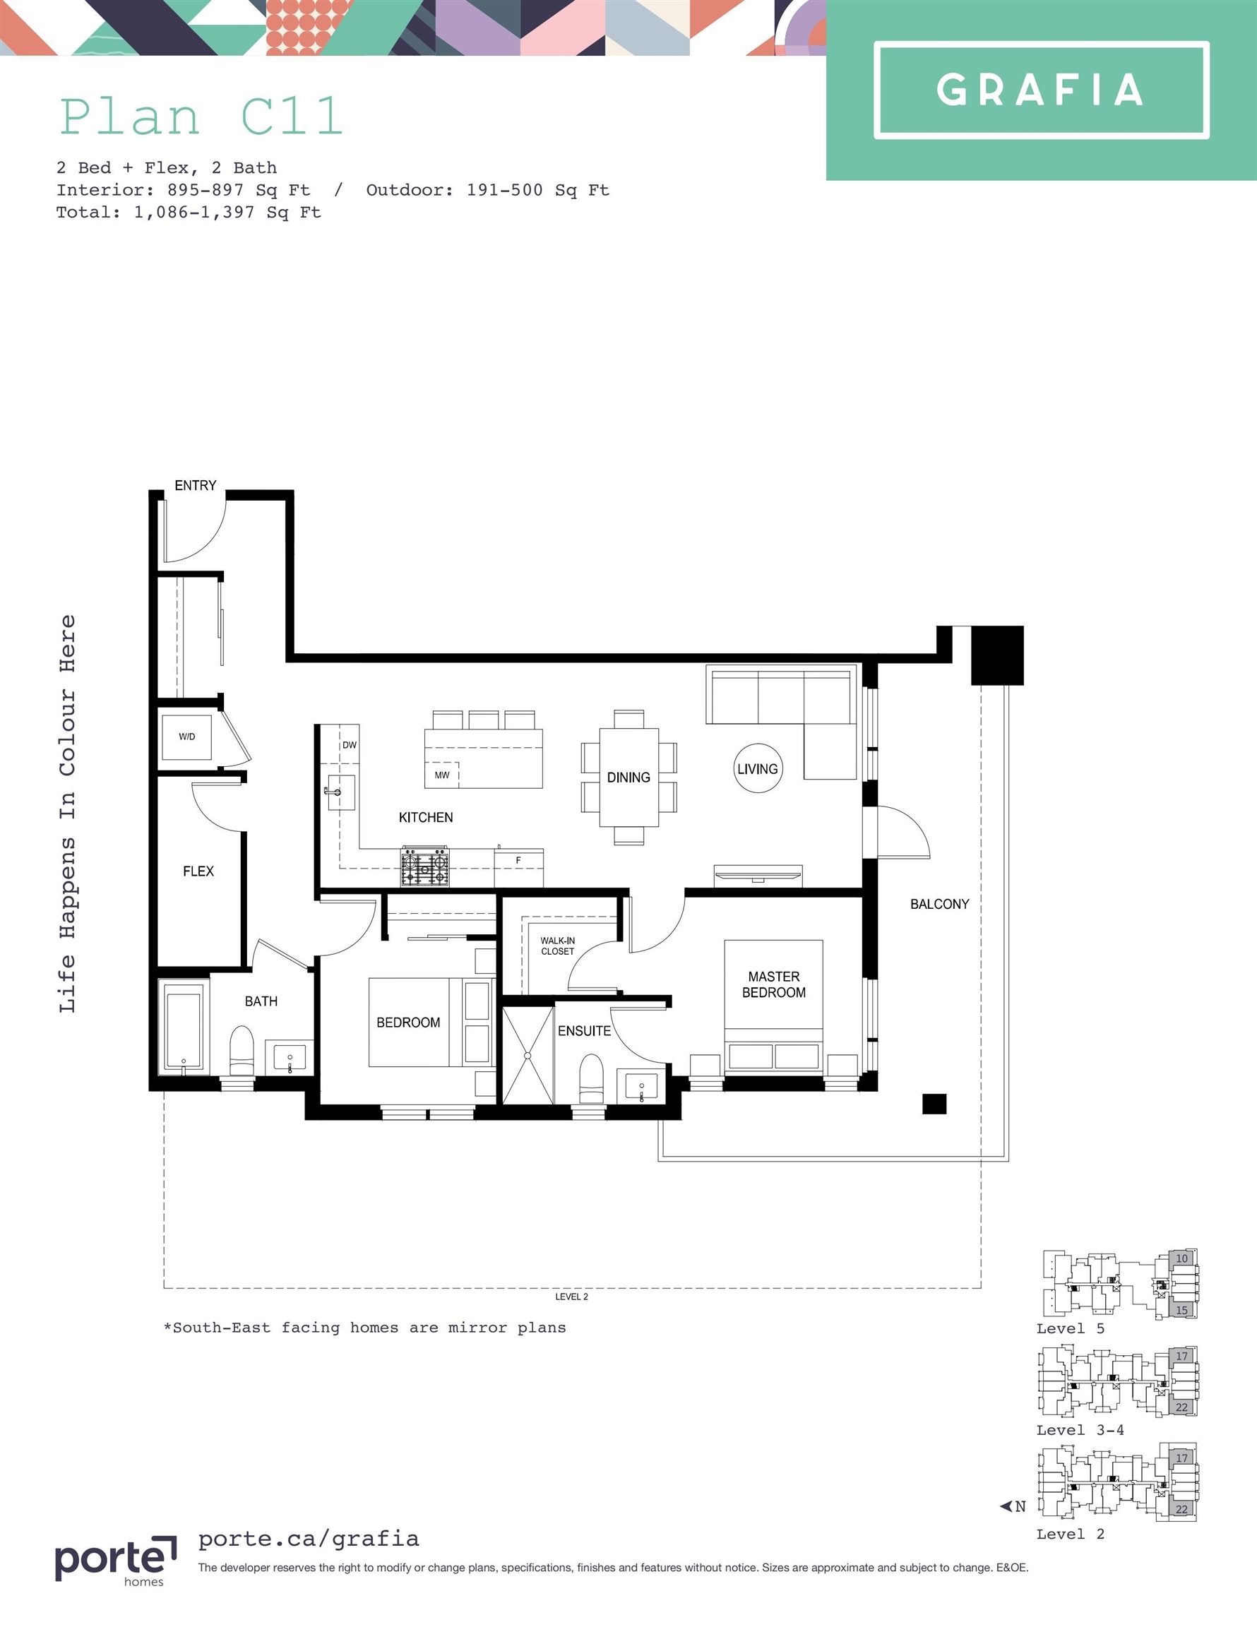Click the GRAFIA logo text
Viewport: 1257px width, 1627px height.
(x=1039, y=90)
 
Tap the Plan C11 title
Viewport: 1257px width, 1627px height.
(x=201, y=117)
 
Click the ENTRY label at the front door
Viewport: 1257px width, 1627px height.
(x=195, y=486)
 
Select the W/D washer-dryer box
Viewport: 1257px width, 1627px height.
(x=187, y=737)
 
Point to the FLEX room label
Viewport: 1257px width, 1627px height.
(x=198, y=871)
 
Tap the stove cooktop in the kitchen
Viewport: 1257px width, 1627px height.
(x=425, y=866)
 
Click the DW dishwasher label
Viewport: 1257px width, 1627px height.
(x=350, y=745)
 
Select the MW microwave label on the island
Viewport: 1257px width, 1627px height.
(x=442, y=775)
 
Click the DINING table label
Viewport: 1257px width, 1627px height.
(x=628, y=777)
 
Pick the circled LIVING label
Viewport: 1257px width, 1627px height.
(x=758, y=768)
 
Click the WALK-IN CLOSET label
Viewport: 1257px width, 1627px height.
(x=557, y=946)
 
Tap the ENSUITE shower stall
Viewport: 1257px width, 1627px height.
(x=528, y=1056)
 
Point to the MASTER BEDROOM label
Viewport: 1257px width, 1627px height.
(x=773, y=984)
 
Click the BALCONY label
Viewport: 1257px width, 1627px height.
(x=940, y=905)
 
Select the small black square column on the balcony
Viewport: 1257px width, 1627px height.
(x=934, y=1104)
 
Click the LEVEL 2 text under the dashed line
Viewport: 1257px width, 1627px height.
(x=571, y=1297)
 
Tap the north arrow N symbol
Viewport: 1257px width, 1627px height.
(x=1013, y=1506)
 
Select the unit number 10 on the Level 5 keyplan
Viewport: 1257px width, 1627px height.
(x=1181, y=1258)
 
